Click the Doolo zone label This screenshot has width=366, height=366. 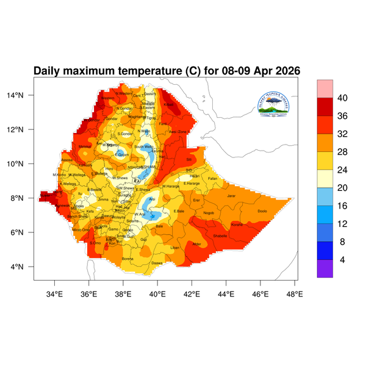pyautogui.click(x=262, y=211)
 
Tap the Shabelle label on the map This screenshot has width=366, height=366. pyautogui.click(x=220, y=235)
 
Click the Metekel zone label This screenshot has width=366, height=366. pyautogui.click(x=85, y=146)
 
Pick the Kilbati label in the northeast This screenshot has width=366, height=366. pyautogui.click(x=169, y=104)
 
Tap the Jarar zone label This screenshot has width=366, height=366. pyautogui.click(x=231, y=196)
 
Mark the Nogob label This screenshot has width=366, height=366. pyautogui.click(x=209, y=213)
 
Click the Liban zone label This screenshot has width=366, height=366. pyautogui.click(x=175, y=248)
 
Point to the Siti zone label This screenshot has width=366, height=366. pyautogui.click(x=188, y=159)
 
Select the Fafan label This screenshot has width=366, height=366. pyautogui.click(x=212, y=178)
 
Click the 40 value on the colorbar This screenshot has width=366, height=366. pyautogui.click(x=343, y=98)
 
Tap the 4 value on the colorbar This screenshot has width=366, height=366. pyautogui.click(x=343, y=260)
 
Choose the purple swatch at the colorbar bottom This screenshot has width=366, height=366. pyautogui.click(x=325, y=269)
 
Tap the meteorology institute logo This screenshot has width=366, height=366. pyautogui.click(x=278, y=105)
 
